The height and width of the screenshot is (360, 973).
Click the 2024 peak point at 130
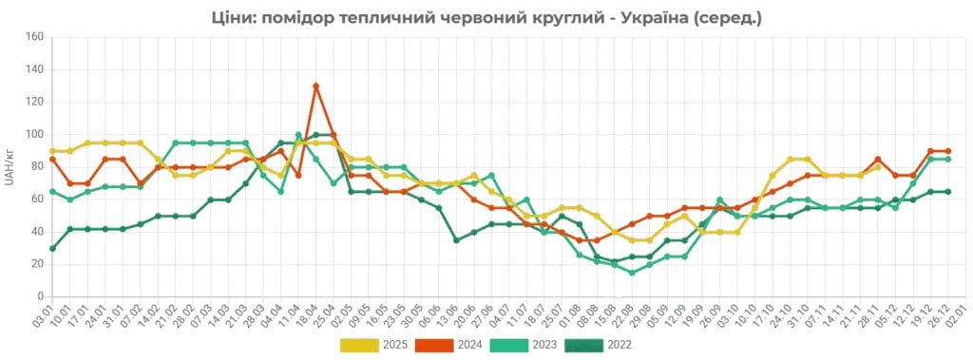click(315, 86)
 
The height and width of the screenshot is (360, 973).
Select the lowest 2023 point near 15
click(632, 273)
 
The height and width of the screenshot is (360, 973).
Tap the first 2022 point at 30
click(52, 248)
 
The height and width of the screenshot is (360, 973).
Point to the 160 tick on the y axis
click(36, 38)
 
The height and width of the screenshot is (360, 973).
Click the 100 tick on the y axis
click(36, 135)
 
